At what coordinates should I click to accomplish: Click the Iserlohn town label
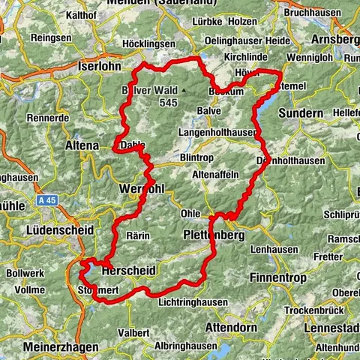coord(100,66)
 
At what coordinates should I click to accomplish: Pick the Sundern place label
coord(301,113)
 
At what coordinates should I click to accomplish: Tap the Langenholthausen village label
coord(217,132)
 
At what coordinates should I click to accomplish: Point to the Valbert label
coord(133,331)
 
